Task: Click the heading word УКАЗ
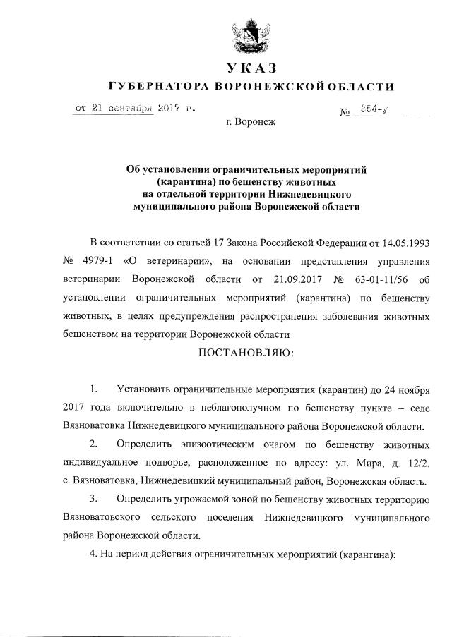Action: [249, 68]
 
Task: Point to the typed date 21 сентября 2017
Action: [134, 109]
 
